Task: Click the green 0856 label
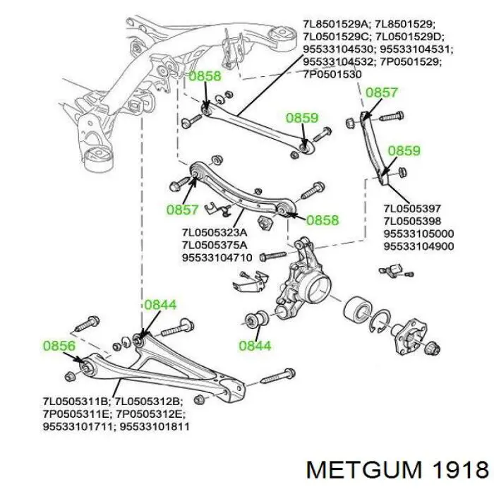pos(59,347)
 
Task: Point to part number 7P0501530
pos(332,74)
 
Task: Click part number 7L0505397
pos(412,208)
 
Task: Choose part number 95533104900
pos(418,246)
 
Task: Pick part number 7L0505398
pos(412,221)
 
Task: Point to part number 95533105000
pos(418,234)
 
